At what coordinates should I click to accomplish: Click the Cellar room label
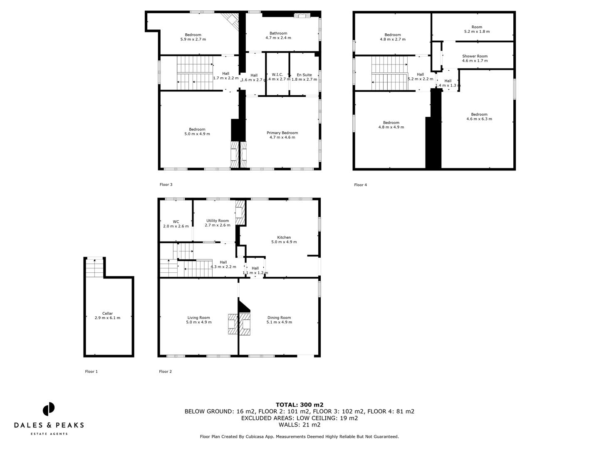(107, 313)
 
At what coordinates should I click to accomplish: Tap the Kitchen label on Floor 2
(284, 237)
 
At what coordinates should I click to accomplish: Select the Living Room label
(199, 318)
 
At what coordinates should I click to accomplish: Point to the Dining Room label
(279, 318)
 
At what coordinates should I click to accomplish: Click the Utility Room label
(217, 221)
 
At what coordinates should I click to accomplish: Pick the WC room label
(176, 222)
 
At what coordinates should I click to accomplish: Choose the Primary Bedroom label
(282, 133)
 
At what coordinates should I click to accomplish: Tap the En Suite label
(304, 75)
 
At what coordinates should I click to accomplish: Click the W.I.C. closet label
(277, 75)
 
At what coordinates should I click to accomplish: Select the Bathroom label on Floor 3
(278, 33)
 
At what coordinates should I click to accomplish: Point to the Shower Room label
(475, 56)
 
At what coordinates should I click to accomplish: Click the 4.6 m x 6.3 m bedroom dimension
(479, 119)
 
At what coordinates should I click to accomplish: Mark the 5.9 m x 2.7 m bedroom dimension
(193, 39)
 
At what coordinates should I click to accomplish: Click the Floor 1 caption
(91, 372)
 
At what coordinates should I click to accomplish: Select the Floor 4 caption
(360, 185)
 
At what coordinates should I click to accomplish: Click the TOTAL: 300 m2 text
(299, 405)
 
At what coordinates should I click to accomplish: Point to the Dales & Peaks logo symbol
(49, 409)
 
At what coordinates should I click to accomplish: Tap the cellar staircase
(94, 268)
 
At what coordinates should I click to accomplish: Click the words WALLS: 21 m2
(299, 424)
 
